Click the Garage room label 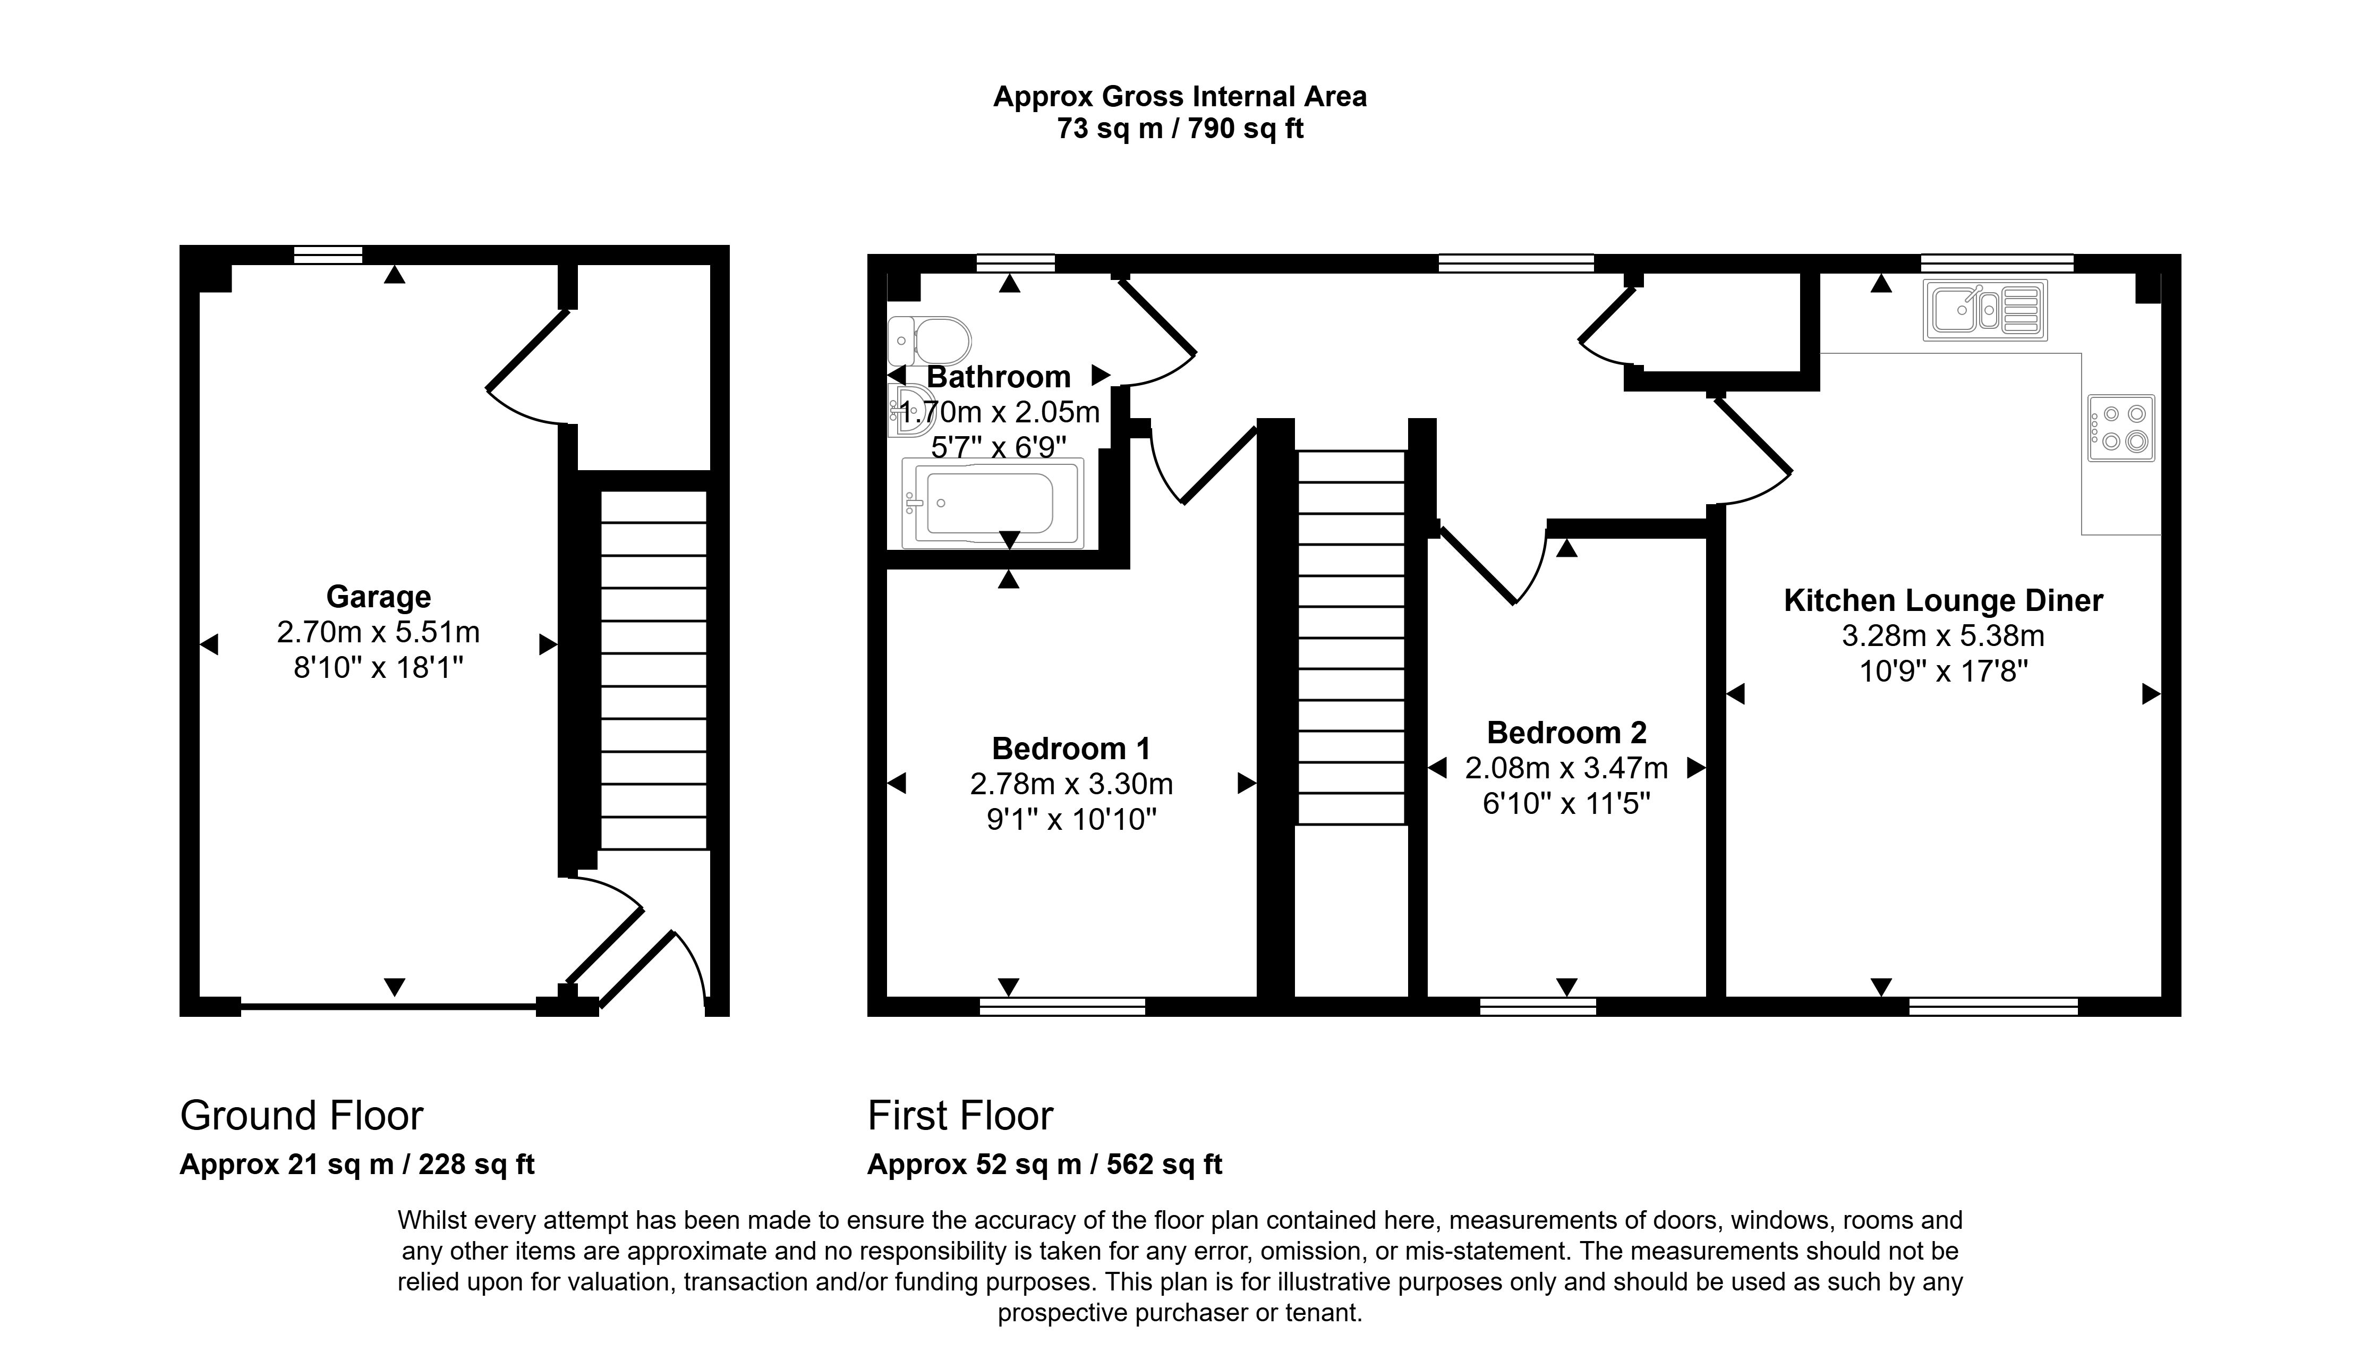(x=379, y=597)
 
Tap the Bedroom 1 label (x=1071, y=749)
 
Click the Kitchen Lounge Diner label (x=1943, y=601)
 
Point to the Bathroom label (x=999, y=377)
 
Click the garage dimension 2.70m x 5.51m (x=379, y=632)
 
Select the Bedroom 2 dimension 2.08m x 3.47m (x=1566, y=768)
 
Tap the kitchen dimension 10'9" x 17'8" (x=1943, y=672)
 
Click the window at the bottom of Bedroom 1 (x=1062, y=1006)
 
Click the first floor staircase (x=1351, y=637)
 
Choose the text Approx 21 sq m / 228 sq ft (x=357, y=1165)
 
